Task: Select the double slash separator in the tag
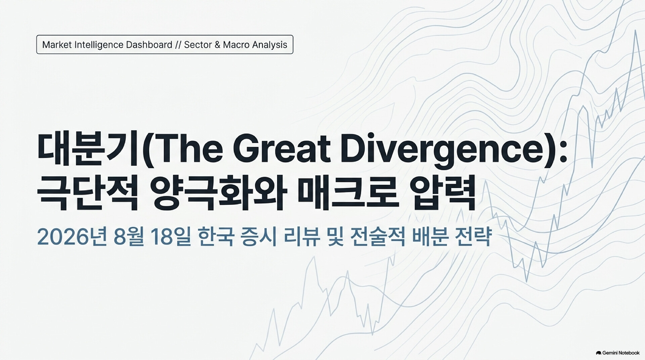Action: (x=178, y=45)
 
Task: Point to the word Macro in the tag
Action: (x=236, y=45)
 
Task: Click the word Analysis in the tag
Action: (x=270, y=45)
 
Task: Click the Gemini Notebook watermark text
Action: (x=621, y=353)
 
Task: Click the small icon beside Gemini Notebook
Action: (x=599, y=353)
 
